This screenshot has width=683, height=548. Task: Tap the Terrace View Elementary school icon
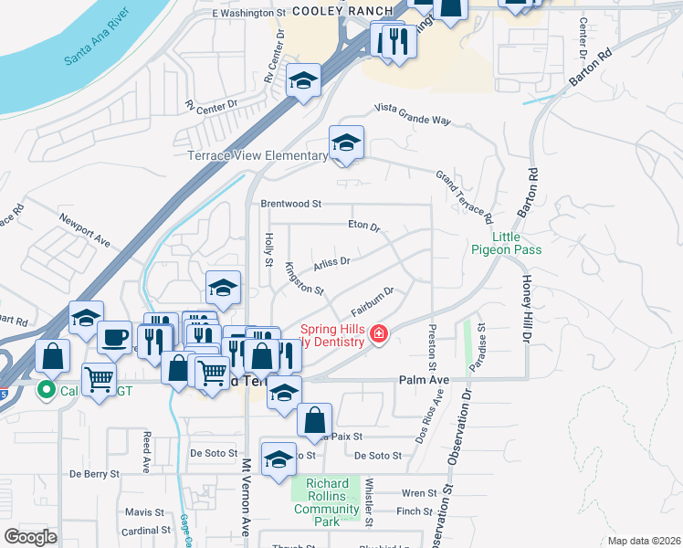(347, 143)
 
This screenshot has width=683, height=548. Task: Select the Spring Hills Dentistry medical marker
(377, 336)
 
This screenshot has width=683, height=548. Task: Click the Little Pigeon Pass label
(506, 242)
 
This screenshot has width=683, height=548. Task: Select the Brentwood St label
(291, 204)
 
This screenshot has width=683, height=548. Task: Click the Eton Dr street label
(363, 225)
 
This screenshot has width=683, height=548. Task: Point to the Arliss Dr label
(331, 262)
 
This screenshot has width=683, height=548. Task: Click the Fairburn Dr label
(373, 297)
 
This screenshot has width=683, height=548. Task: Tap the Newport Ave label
(84, 231)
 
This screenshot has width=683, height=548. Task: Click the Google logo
(30, 537)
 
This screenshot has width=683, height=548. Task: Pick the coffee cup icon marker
(114, 337)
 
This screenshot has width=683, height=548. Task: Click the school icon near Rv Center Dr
(303, 81)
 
